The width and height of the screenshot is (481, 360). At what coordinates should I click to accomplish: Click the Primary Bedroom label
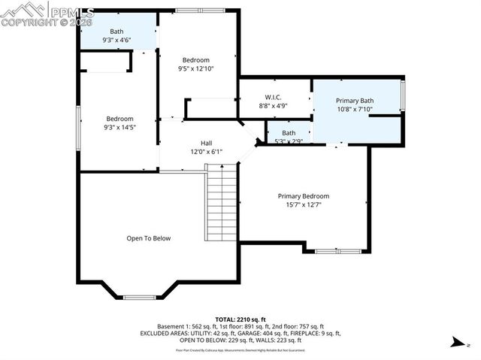(x=303, y=195)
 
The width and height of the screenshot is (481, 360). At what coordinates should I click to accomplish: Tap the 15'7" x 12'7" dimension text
(x=303, y=204)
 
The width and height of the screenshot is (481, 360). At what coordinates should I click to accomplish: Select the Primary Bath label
(x=355, y=101)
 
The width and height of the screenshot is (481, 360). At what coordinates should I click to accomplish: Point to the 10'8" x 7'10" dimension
(x=355, y=110)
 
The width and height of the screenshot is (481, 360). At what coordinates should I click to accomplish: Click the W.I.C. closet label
(x=272, y=97)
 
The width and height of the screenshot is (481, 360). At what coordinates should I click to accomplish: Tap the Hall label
(x=206, y=143)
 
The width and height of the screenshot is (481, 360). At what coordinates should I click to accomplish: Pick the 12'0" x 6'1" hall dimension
(x=206, y=151)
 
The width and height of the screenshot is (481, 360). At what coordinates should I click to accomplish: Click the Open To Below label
(x=148, y=238)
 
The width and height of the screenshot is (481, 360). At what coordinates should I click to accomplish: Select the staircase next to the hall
(x=222, y=204)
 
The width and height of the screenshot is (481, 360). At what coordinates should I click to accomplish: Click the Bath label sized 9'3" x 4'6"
(x=116, y=31)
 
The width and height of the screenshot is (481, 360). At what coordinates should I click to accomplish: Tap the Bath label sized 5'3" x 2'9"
(x=289, y=133)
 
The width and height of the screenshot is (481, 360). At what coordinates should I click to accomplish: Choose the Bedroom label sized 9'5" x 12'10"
(x=195, y=59)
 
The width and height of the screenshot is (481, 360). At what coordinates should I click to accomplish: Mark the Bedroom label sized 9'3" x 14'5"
(x=119, y=119)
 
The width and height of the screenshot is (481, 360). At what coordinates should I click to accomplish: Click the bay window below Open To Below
(x=139, y=297)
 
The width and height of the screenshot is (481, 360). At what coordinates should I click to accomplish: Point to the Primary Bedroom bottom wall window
(x=337, y=251)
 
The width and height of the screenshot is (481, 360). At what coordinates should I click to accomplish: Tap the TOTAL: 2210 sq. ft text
(x=240, y=319)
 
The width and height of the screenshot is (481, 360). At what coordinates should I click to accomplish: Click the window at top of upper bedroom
(x=199, y=10)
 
